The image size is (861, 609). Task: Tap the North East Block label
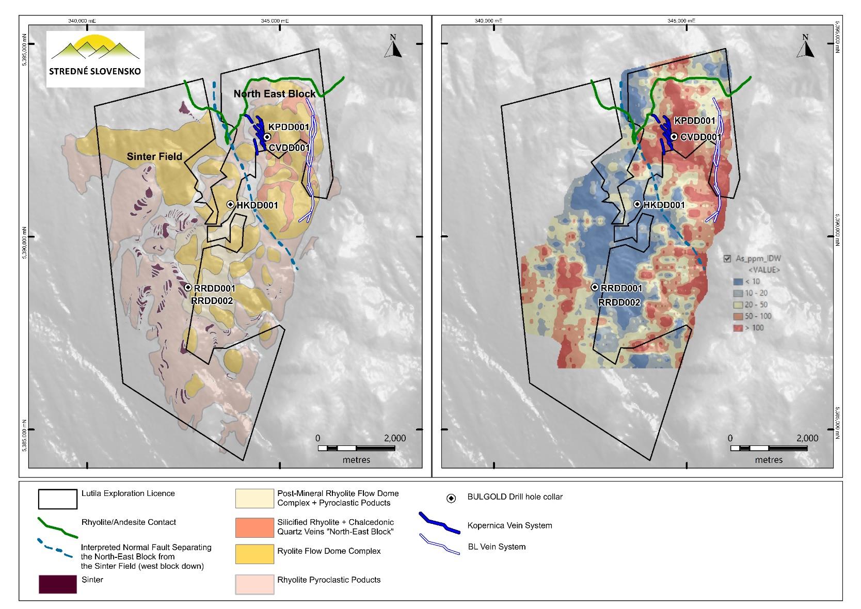click(274, 94)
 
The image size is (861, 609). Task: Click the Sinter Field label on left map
click(155, 156)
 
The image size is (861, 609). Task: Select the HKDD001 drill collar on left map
click(231, 204)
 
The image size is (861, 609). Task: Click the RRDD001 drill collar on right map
click(595, 287)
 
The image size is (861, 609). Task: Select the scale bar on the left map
click(356, 448)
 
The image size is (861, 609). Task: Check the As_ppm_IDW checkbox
click(728, 259)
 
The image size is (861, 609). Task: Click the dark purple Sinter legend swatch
click(57, 584)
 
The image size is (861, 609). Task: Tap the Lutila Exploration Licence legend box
click(57, 498)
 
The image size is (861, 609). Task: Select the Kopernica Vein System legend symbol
click(439, 523)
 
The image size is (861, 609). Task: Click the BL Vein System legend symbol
click(439, 545)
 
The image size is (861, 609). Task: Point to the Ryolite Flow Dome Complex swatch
click(254, 553)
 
